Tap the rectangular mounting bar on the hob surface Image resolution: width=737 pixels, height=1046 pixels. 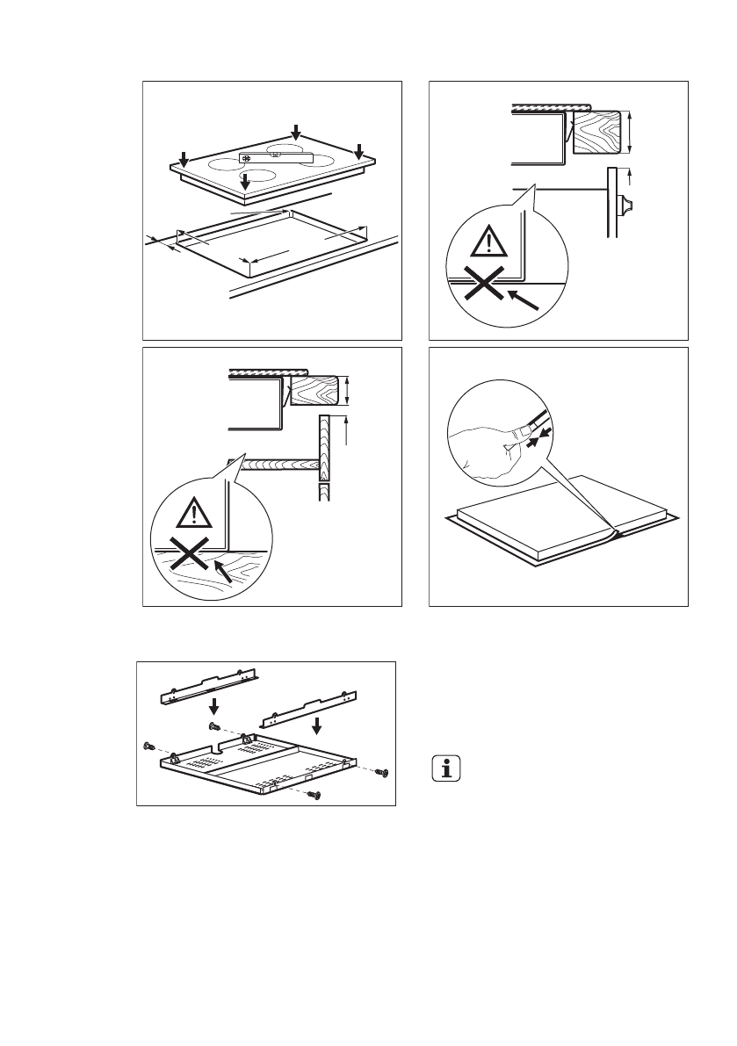click(x=276, y=157)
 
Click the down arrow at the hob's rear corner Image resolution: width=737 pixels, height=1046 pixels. click(x=297, y=132)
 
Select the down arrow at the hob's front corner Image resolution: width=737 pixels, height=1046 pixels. click(x=246, y=180)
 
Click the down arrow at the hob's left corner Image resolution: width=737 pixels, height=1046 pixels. click(x=183, y=158)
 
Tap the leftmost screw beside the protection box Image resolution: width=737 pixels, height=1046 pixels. click(x=148, y=746)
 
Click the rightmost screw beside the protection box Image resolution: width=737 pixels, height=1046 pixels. click(x=380, y=772)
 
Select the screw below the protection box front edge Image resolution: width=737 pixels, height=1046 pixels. click(x=316, y=794)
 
